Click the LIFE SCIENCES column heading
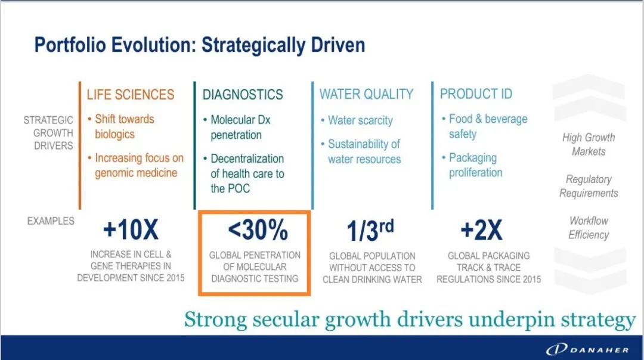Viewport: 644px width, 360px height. pos(130,94)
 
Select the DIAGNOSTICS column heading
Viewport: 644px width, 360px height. pos(243,94)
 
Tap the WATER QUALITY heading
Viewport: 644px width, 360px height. pos(366,94)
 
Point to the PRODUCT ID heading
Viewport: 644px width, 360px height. pos(476,94)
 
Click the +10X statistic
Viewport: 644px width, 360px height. pos(131,229)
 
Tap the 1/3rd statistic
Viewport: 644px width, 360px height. pos(370,229)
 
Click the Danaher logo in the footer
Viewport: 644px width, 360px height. pos(587,349)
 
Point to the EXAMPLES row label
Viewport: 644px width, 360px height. pos(51,221)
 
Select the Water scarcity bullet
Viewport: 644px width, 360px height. pos(357,120)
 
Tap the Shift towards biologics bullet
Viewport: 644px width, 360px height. pos(120,126)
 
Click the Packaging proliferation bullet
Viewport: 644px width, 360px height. pos(472,165)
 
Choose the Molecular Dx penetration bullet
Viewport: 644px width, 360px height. pos(237,128)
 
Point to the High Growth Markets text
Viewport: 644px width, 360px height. pos(589,144)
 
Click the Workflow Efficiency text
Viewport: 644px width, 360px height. pos(589,228)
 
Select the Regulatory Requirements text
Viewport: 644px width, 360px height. pos(589,186)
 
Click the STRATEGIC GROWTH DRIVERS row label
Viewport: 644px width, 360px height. pos(48,132)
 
